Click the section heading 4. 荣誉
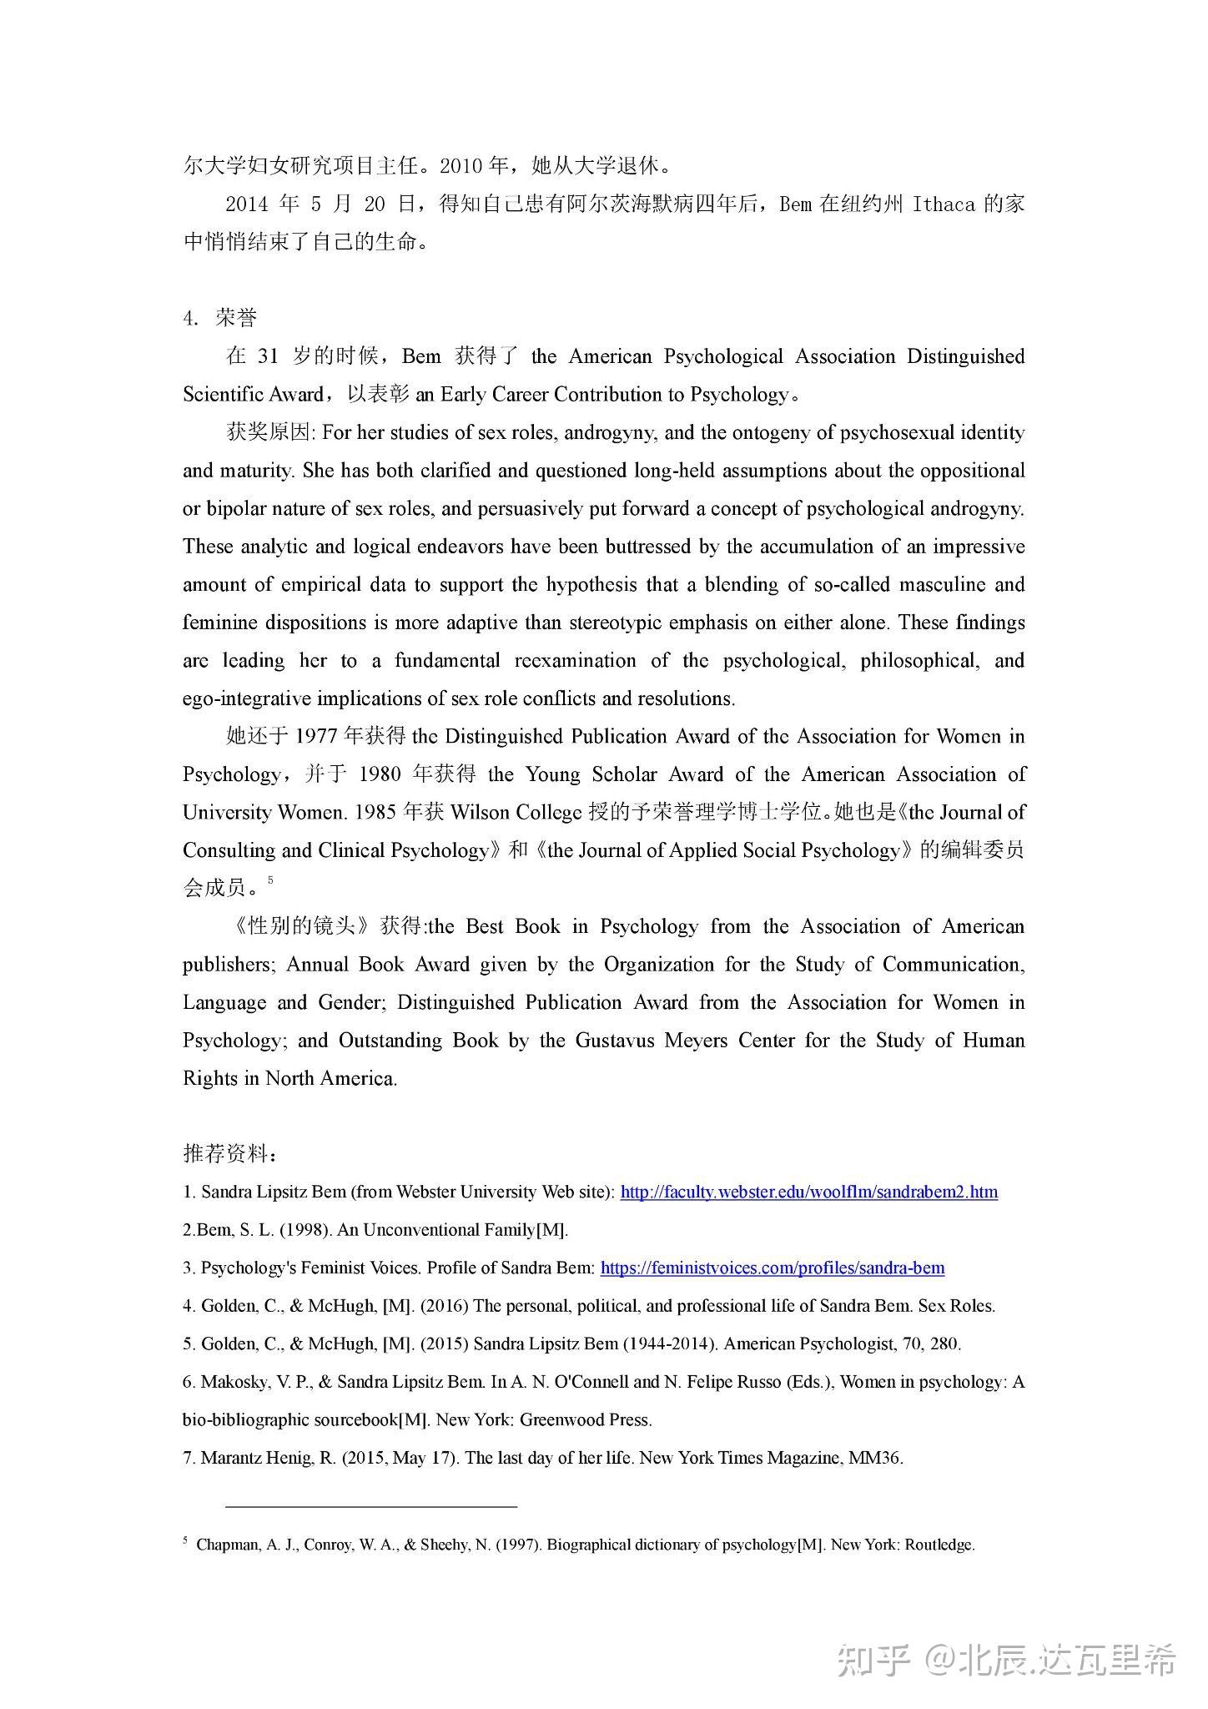[220, 318]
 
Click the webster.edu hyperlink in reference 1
[808, 1192]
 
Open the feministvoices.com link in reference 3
[772, 1268]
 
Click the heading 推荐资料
[228, 1154]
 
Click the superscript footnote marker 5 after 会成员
[270, 879]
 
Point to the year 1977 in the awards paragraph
[317, 737]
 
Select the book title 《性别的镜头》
[300, 926]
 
